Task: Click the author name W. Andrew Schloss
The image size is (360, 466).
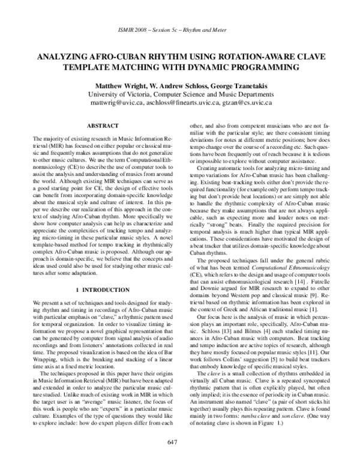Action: (181, 84)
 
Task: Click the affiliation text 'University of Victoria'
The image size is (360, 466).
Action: (123, 94)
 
